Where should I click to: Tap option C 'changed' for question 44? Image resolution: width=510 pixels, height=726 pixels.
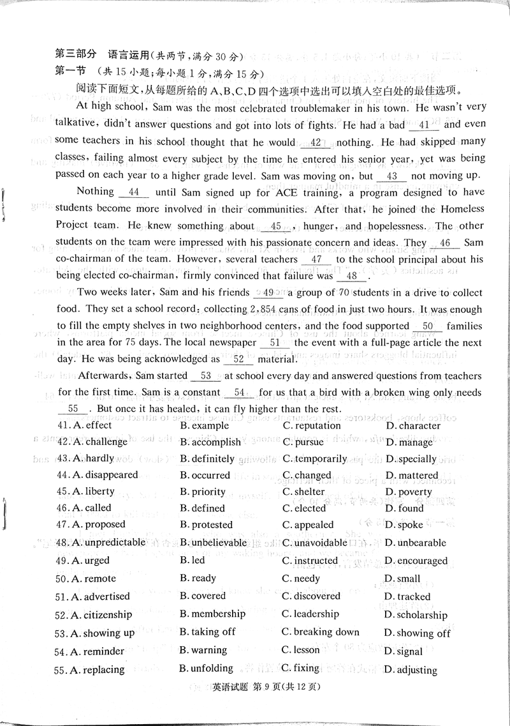point(312,476)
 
